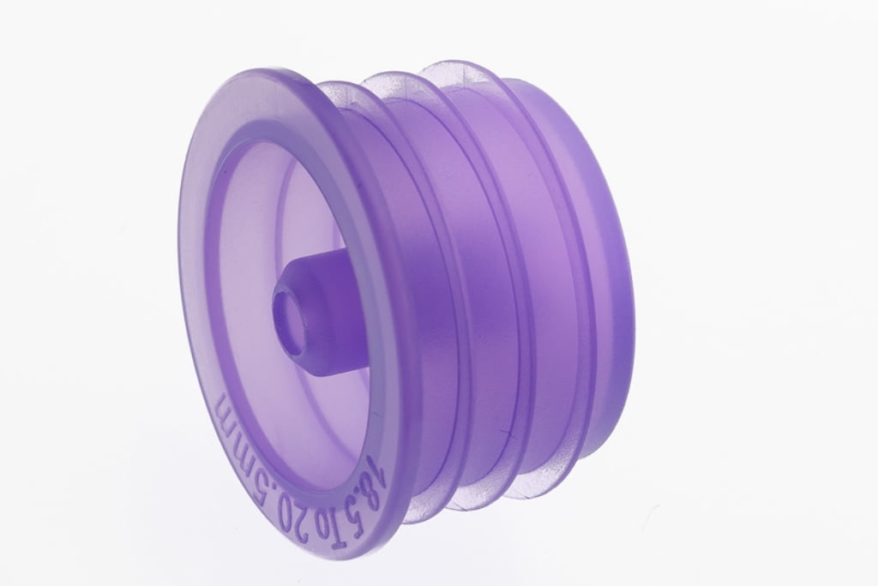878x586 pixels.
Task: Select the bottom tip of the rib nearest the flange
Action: [420, 514]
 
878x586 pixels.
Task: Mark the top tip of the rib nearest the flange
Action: [330, 83]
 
